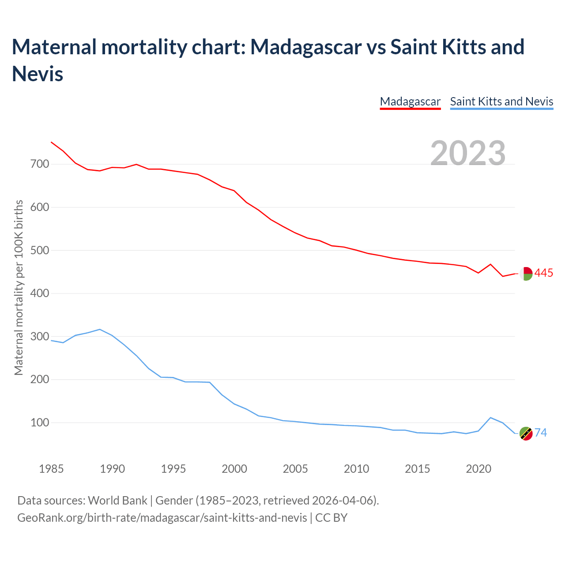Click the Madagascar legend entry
point(410,102)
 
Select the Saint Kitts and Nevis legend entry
point(501,102)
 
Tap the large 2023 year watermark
point(468,153)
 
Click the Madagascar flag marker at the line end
point(526,274)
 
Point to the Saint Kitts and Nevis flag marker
point(526,433)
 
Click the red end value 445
point(543,273)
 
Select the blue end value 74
point(541,433)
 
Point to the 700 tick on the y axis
point(40,164)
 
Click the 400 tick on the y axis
point(40,294)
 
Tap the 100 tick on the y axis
point(40,423)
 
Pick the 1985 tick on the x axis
point(51,469)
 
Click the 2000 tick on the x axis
point(234,469)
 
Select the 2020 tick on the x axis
point(478,469)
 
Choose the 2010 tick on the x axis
point(356,469)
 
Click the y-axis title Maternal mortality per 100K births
point(19,288)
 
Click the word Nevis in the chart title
point(38,74)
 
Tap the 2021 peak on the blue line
point(490,418)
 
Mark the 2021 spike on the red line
point(490,264)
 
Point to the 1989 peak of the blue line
point(100,329)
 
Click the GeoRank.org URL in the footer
point(162,517)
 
